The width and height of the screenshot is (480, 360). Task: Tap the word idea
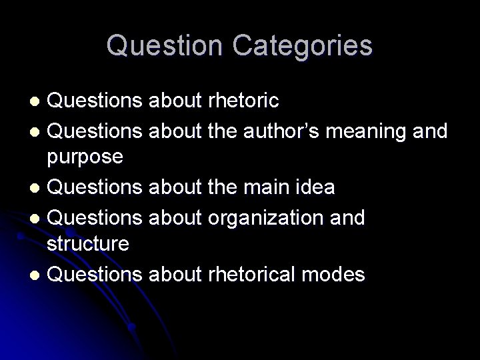pyautogui.click(x=312, y=187)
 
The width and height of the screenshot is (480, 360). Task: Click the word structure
pyautogui.click(x=87, y=243)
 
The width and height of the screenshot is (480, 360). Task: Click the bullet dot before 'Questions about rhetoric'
pyautogui.click(x=38, y=101)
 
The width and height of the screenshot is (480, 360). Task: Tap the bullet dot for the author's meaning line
pyautogui.click(x=38, y=131)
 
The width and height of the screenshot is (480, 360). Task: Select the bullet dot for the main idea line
pyautogui.click(x=38, y=189)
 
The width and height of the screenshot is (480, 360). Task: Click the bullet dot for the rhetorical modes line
pyautogui.click(x=38, y=275)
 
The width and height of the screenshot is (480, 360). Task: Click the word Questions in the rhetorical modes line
pyautogui.click(x=97, y=273)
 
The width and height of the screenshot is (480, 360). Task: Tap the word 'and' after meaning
pyautogui.click(x=431, y=131)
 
